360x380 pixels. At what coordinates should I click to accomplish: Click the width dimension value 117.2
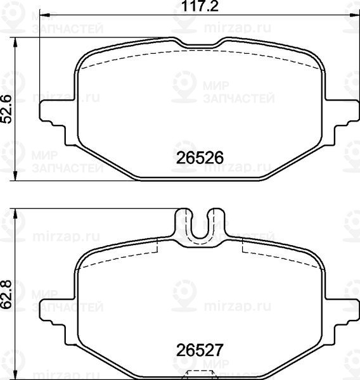(200, 6)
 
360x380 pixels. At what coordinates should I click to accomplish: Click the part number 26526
(200, 158)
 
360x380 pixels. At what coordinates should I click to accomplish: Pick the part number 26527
(200, 350)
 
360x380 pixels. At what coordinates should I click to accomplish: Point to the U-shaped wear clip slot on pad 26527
(200, 228)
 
